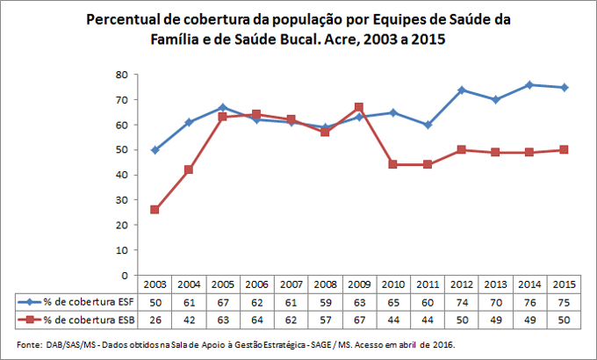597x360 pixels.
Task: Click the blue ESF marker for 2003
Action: (155, 150)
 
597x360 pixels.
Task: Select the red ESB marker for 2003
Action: (155, 210)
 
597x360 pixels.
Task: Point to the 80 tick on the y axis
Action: (124, 75)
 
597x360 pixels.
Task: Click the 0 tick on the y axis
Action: (127, 275)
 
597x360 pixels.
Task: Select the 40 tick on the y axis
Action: (124, 175)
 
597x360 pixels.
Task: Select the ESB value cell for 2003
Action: (155, 319)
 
